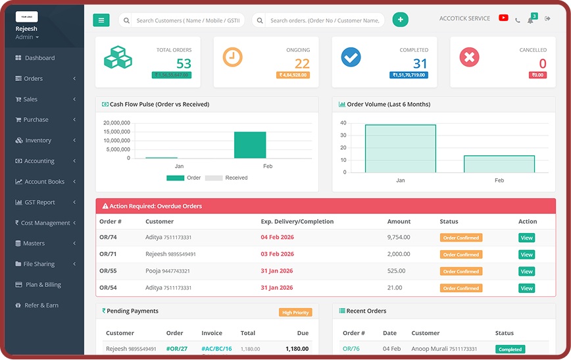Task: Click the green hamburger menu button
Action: pos(101,20)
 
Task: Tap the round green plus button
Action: pos(400,20)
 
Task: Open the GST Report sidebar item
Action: pos(40,202)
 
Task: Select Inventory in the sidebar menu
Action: pos(38,140)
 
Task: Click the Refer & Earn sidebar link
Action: pos(41,305)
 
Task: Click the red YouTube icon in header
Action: pos(503,18)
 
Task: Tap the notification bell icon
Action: pos(530,20)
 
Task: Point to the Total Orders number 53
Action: pos(184,64)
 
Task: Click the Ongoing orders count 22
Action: pos(302,64)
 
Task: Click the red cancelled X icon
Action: pos(469,57)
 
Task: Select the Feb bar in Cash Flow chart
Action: pos(250,145)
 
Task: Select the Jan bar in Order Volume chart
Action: pos(400,148)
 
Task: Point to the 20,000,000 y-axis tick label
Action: pos(116,123)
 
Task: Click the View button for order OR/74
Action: pos(526,238)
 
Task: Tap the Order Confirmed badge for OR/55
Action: pos(460,271)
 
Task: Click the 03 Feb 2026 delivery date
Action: pos(277,254)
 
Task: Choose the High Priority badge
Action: pos(295,313)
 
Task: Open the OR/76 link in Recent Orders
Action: pos(351,349)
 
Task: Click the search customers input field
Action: pos(188,20)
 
